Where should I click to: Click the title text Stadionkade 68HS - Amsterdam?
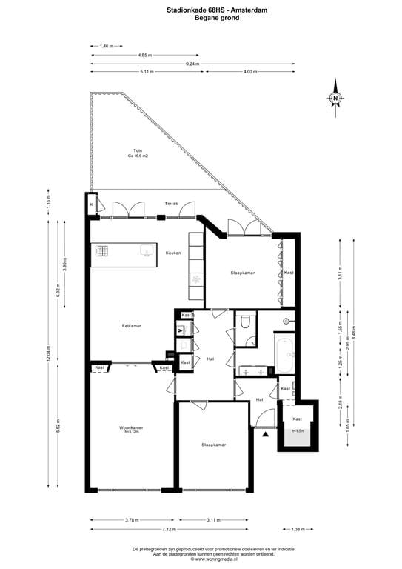click(201, 9)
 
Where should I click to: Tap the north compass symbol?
click(335, 98)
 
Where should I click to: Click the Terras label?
click(172, 203)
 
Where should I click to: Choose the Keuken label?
click(173, 253)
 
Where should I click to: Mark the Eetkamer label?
click(132, 326)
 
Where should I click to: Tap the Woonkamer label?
click(132, 427)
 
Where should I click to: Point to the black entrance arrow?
click(264, 435)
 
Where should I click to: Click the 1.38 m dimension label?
click(297, 529)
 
